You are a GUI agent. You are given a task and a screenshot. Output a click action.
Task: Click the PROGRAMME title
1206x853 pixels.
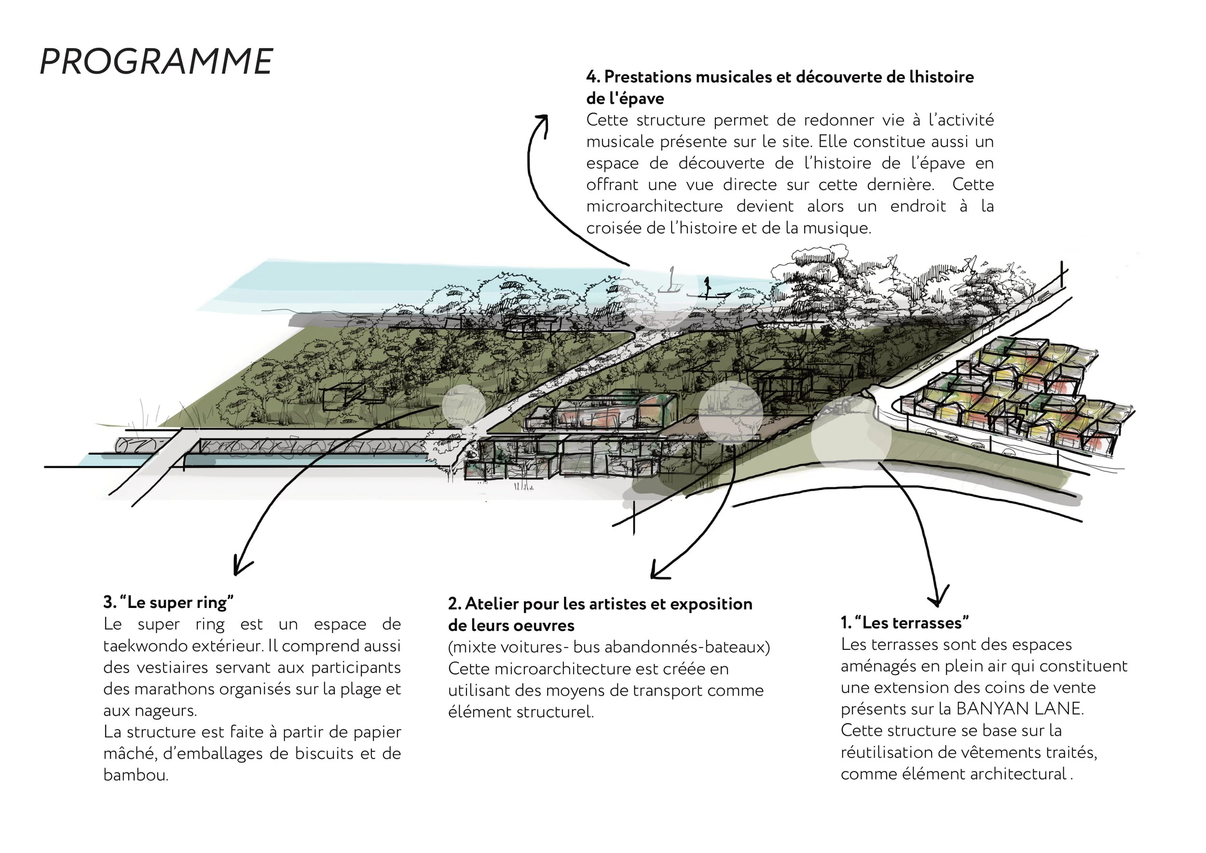click(156, 61)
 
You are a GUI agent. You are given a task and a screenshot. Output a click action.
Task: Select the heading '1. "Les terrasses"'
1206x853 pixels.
click(904, 623)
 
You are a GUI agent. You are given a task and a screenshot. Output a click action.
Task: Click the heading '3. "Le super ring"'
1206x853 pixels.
click(168, 602)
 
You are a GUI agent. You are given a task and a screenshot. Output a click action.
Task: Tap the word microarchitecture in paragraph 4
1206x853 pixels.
click(655, 206)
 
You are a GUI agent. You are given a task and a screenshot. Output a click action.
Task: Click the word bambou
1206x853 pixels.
click(135, 775)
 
